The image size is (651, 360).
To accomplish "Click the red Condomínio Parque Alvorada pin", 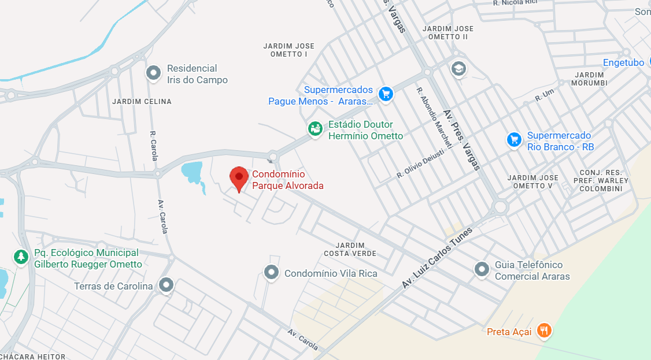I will click(239, 177).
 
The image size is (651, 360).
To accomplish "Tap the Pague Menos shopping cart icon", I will click(385, 93).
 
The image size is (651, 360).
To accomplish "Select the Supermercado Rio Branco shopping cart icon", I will click(514, 139).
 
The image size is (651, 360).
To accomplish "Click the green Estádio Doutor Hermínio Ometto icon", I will click(315, 129).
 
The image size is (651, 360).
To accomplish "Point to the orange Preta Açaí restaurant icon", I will click(543, 331).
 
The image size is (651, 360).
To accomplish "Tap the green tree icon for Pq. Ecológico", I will click(21, 256).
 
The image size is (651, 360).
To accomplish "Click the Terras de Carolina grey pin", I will click(167, 284).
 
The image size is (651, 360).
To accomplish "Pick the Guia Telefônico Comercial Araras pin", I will click(482, 269).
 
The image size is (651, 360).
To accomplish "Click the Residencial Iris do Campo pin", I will click(153, 73).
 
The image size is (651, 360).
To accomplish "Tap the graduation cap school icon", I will click(458, 69).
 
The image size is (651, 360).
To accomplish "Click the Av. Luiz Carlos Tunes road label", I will click(437, 258).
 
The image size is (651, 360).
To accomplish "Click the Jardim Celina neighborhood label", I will click(142, 102).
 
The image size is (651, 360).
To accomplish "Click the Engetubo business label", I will click(623, 62).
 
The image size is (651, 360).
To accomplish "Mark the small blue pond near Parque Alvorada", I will click(192, 172).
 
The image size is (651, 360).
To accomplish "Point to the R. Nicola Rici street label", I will click(515, 3).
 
